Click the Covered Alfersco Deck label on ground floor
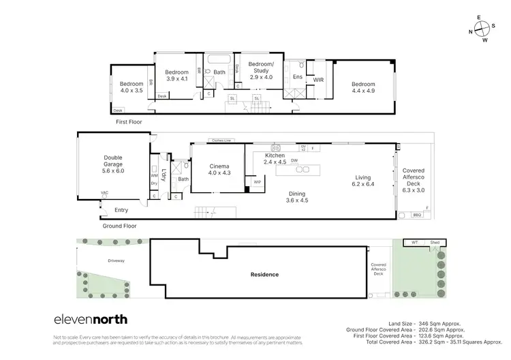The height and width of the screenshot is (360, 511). [413, 179]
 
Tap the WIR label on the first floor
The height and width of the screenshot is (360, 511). [318, 80]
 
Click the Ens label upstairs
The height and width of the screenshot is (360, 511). [298, 77]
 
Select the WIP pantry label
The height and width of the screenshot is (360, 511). [258, 183]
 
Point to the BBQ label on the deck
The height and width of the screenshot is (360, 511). [418, 215]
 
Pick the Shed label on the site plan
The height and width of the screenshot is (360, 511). [434, 241]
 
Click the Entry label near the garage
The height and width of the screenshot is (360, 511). [121, 210]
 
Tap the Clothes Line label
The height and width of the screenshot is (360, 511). [222, 140]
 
